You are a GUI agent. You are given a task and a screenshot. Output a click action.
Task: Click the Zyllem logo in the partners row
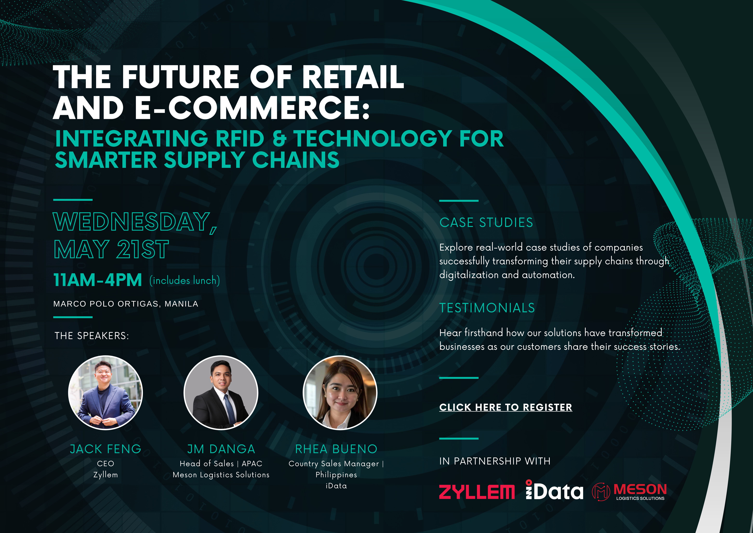(477, 492)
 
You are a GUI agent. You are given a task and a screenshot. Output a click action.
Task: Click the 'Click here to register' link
(506, 407)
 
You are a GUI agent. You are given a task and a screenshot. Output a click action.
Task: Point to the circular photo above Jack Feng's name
(105, 393)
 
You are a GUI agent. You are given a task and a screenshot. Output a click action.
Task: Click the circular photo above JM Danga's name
(221, 393)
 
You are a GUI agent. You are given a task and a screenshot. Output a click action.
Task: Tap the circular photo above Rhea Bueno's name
(340, 393)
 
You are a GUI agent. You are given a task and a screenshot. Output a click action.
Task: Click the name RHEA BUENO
(336, 449)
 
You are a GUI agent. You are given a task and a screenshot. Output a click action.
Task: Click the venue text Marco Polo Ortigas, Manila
(126, 304)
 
